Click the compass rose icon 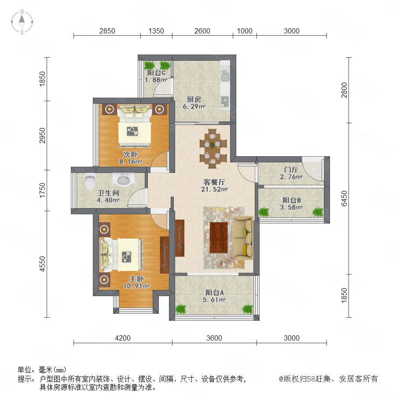point(22,22)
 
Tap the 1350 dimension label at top point(156,31)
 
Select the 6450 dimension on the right point(344,198)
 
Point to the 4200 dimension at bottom point(123,338)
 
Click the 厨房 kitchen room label point(194,99)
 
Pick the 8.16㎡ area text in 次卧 point(131,161)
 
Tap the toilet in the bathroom point(90,181)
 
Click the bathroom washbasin point(123,180)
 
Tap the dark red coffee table point(219,238)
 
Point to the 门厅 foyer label point(291,169)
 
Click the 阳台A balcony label point(214,293)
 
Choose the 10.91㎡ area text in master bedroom point(136,286)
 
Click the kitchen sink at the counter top point(225,75)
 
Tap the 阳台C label point(156,73)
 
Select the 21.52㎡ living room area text point(214,189)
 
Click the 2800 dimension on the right point(344,90)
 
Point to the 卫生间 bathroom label point(108,193)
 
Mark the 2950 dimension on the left point(42,136)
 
